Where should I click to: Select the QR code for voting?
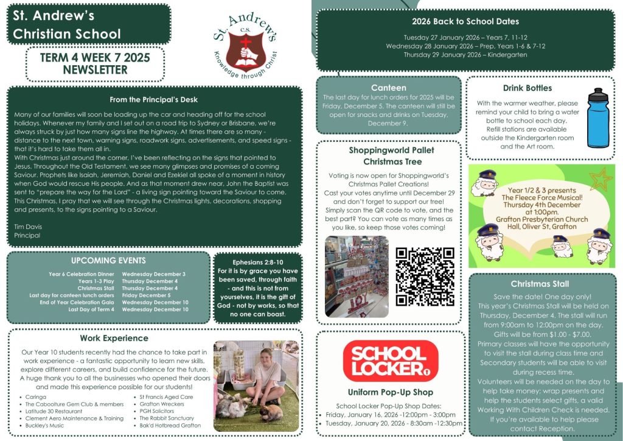pos(425,276)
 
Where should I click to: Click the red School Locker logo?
pos(389,361)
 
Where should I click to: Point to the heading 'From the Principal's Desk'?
pos(153,100)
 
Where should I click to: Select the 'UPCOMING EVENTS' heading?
pos(108,261)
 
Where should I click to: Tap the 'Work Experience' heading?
pos(114,338)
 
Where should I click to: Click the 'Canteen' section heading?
pos(388,88)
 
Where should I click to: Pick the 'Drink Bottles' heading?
pos(527,88)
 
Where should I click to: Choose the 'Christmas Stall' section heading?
pos(540,284)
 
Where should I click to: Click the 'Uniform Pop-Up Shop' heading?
pos(390,392)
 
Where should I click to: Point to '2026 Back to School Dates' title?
pos(465,21)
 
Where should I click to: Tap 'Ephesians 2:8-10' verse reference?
pos(258,262)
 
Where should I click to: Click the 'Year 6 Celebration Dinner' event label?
pos(81,274)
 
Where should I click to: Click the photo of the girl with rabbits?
pos(257,386)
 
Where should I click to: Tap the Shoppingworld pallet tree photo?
pos(357,276)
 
